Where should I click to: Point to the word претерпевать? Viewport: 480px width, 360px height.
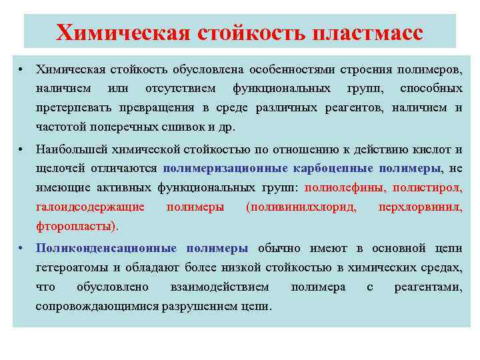tap(75, 108)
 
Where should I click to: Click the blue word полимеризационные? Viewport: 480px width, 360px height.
tap(225, 169)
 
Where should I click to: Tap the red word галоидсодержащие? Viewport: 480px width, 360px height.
tap(90, 207)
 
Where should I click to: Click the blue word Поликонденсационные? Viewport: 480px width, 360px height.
tap(106, 249)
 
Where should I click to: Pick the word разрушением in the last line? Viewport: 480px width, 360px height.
tap(197, 307)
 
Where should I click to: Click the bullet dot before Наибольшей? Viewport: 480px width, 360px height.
tap(22, 150)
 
